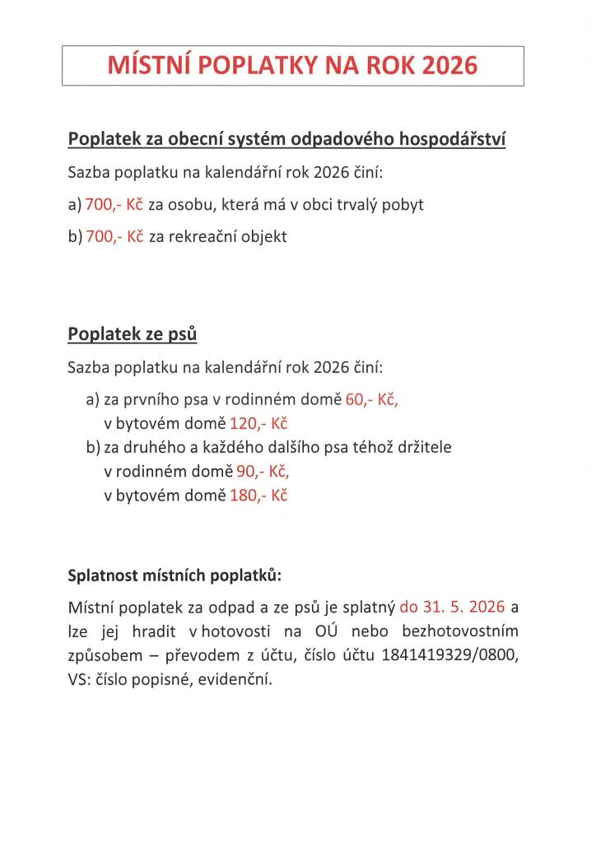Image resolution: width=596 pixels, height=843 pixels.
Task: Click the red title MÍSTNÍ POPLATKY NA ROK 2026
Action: click(292, 66)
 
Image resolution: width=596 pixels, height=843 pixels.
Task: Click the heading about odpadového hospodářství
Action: click(286, 139)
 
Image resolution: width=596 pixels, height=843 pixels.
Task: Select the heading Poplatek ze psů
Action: click(132, 334)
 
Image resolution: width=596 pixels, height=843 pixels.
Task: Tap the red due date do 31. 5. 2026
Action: click(453, 608)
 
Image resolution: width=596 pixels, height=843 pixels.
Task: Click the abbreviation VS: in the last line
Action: click(81, 680)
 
